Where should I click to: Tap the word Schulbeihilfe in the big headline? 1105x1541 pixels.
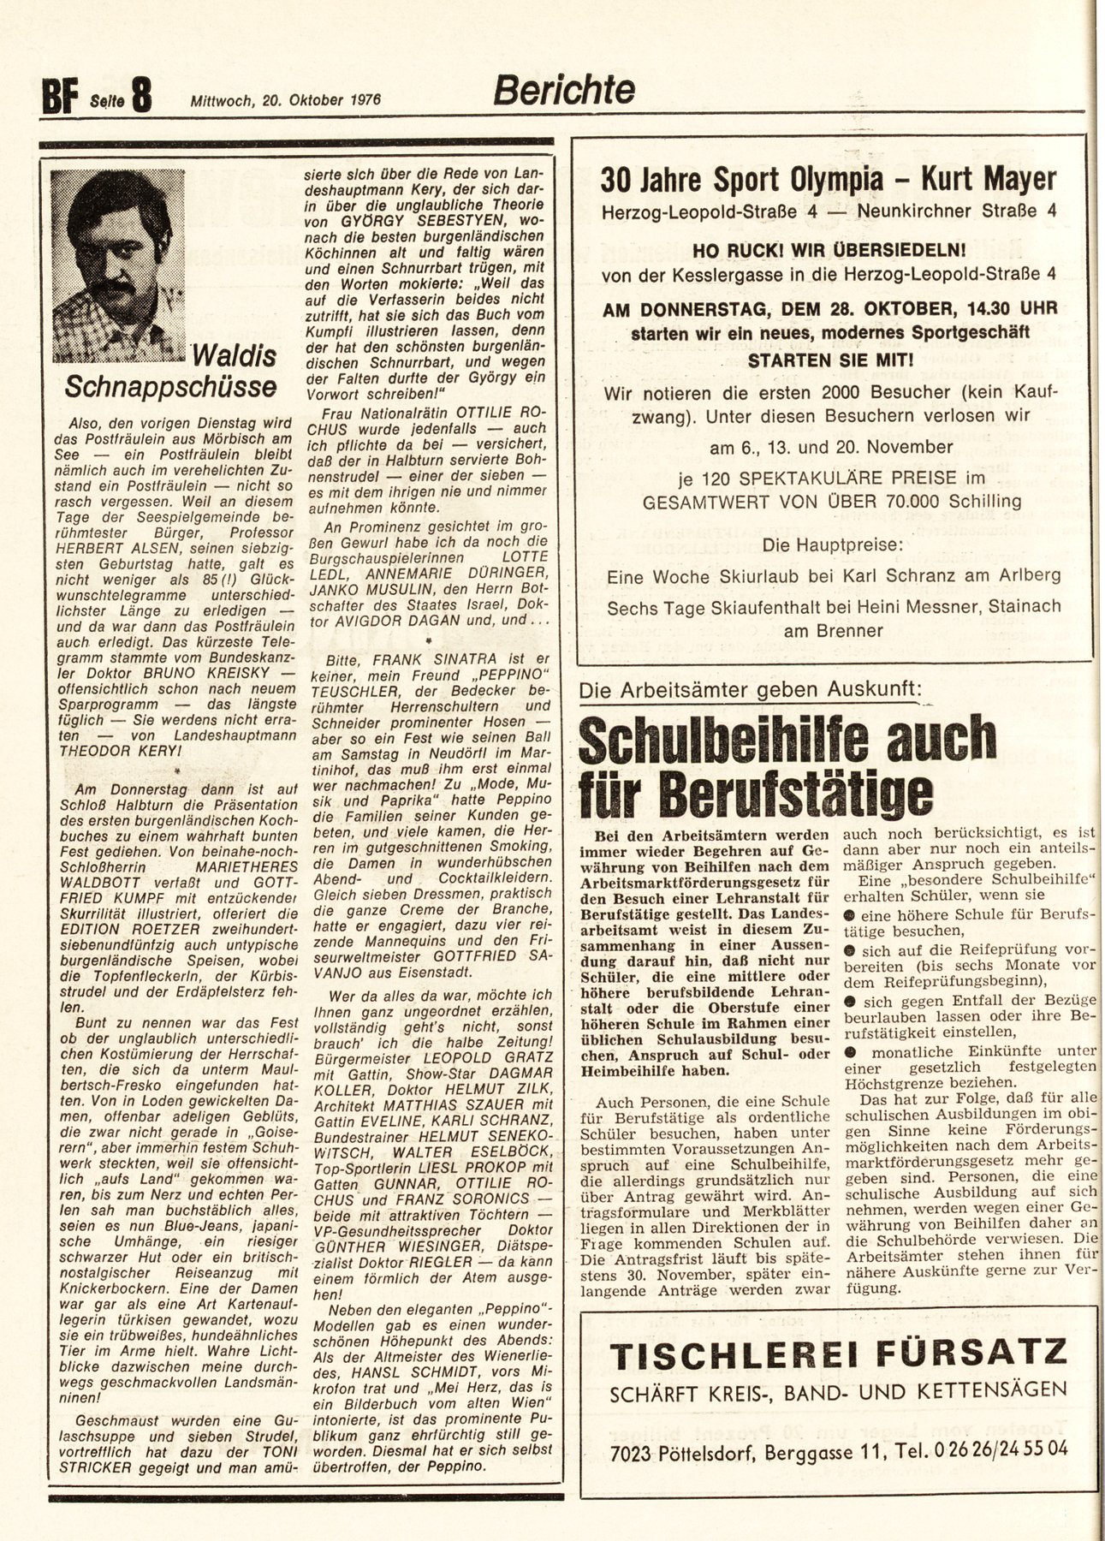(x=728, y=741)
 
